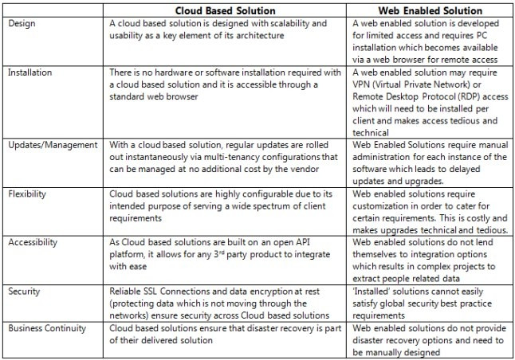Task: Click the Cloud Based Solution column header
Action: pyautogui.click(x=226, y=10)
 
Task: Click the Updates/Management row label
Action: pyautogui.click(x=53, y=144)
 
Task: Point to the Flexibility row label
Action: pyautogui.click(x=29, y=193)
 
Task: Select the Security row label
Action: pyautogui.click(x=24, y=291)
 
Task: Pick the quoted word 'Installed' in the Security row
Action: pyautogui.click(x=375, y=291)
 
